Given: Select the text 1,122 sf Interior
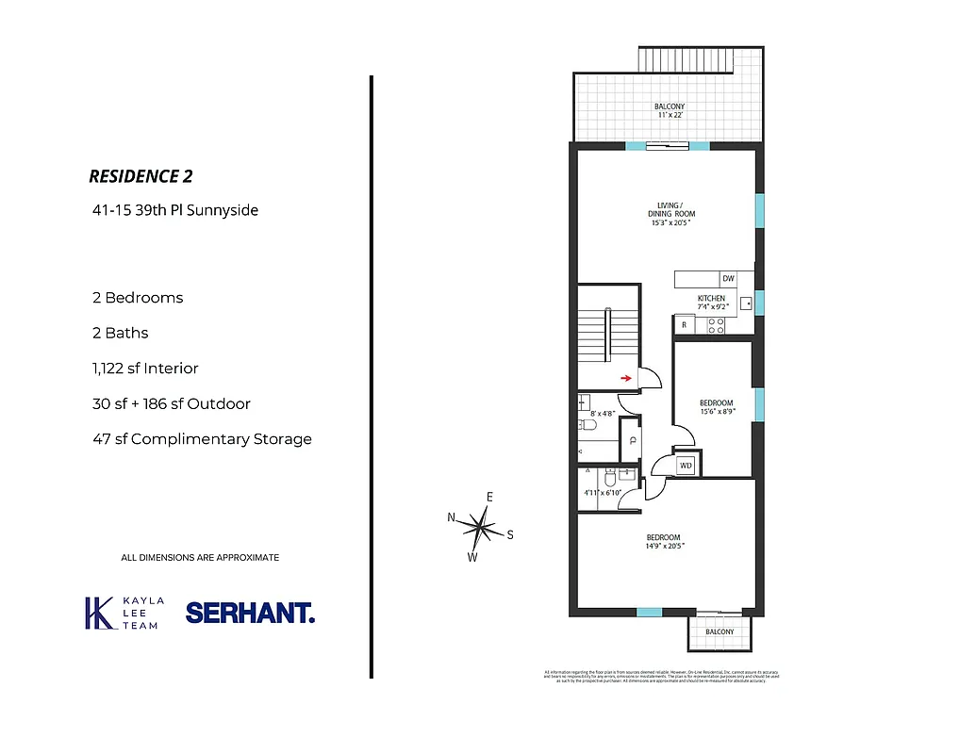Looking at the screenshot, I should pos(144,369).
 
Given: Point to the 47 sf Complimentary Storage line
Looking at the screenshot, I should pos(201,439).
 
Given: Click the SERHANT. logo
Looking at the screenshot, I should pos(250,613).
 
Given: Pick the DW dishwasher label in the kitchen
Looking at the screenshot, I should pos(728,279).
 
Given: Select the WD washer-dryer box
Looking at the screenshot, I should pos(687,465).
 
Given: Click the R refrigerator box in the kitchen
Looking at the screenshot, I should pos(684,325).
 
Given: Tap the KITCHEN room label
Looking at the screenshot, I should pos(711,299).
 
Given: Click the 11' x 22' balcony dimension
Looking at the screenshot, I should pos(670,114).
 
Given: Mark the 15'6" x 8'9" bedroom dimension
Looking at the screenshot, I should pos(717,411).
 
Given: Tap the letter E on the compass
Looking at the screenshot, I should pos(490,497).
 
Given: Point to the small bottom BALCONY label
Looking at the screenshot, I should pos(720,631).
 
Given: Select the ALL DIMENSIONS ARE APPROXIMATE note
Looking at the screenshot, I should pos(200,558).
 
